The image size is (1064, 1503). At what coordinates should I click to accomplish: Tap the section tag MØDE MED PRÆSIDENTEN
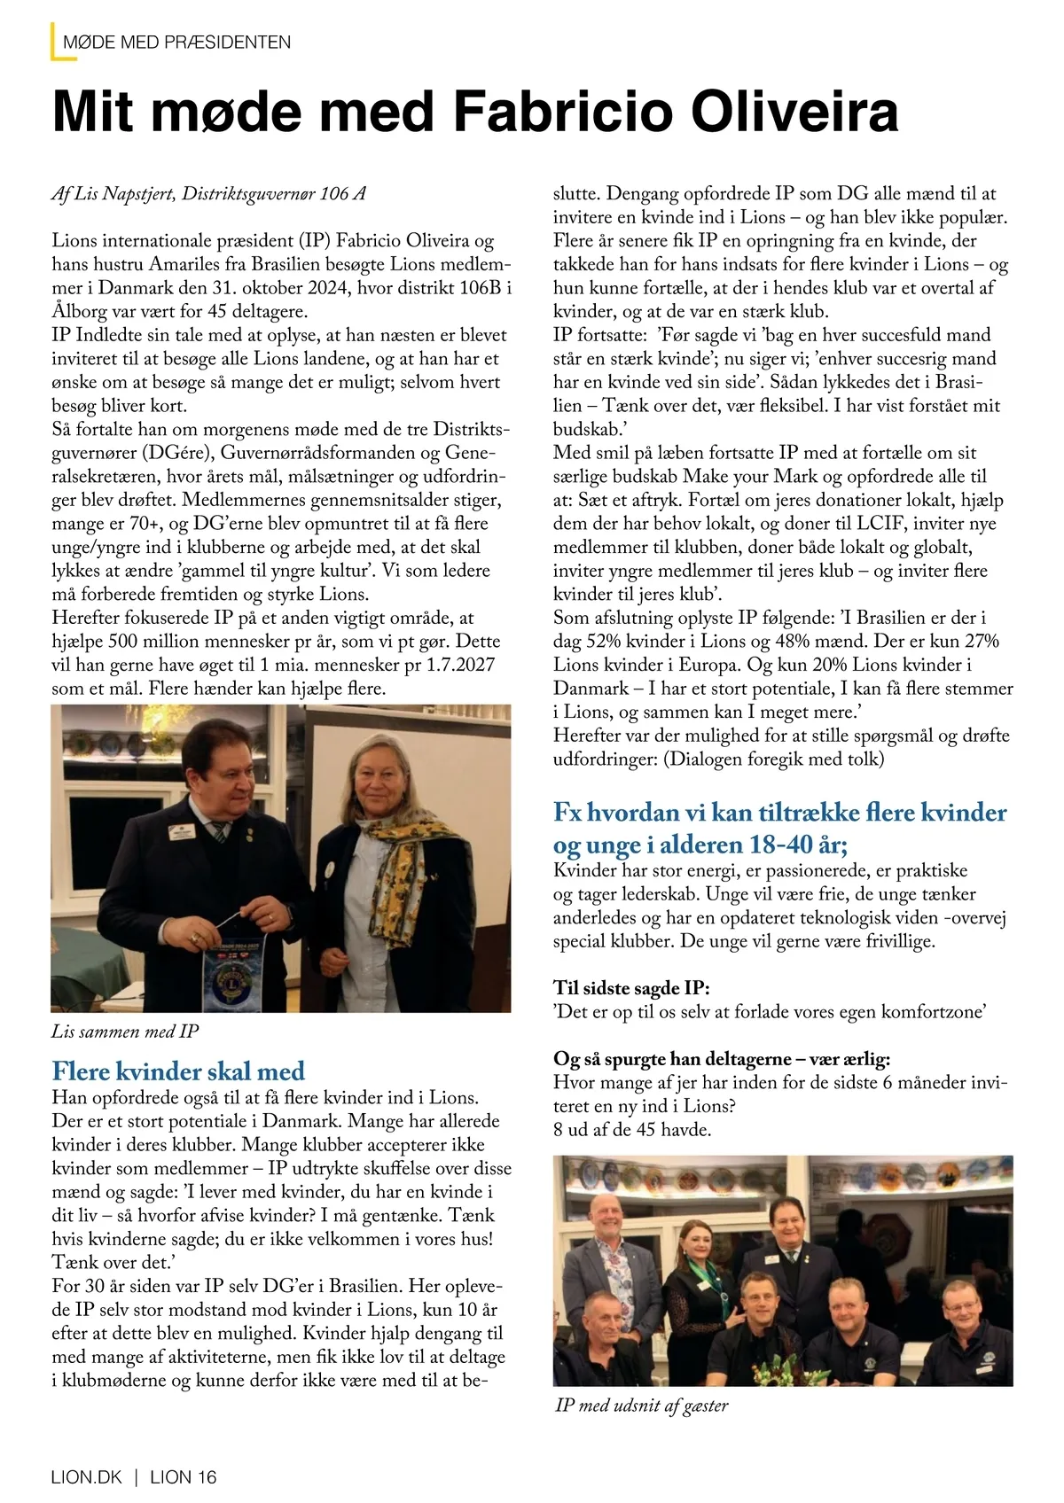point(177,42)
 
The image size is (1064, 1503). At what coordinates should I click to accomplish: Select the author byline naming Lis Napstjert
point(208,194)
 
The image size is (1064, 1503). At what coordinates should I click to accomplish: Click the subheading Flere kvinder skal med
point(178,1071)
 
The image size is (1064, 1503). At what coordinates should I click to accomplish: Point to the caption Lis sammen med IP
point(125,1031)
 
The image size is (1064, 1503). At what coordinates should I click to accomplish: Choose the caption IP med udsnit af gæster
point(641,1406)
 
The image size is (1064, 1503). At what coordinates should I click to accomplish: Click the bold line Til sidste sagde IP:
point(631,988)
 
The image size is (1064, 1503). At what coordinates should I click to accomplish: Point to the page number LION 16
point(184,1477)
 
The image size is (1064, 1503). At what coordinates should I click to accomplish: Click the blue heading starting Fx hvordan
point(779,826)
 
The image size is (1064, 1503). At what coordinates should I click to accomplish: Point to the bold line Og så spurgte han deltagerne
point(722,1059)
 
